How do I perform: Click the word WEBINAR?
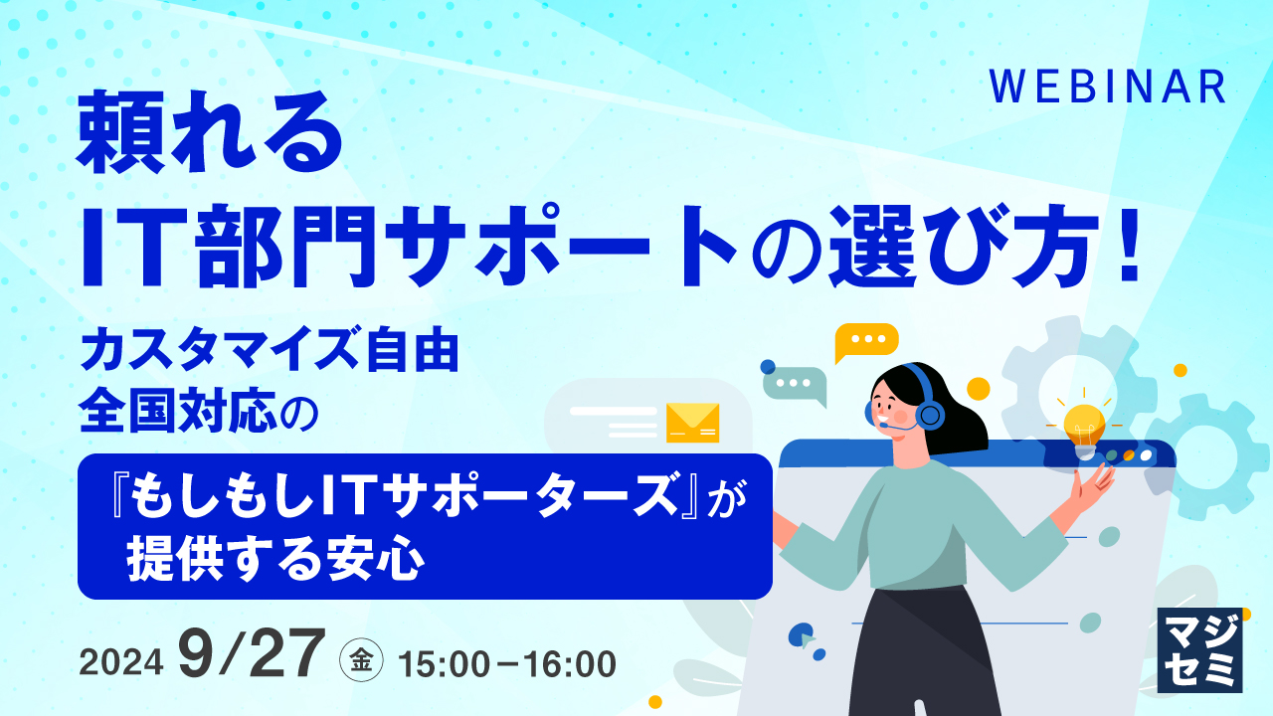pyautogui.click(x=1108, y=88)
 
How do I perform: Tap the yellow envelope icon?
pyautogui.click(x=692, y=422)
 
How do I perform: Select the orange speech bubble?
pyautogui.click(x=865, y=341)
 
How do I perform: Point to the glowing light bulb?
pyautogui.click(x=1084, y=425)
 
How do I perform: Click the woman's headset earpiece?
pyautogui.click(x=929, y=413)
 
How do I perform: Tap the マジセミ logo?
pyautogui.click(x=1200, y=649)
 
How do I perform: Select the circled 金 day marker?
pyautogui.click(x=358, y=660)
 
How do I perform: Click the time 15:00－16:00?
pyautogui.click(x=506, y=663)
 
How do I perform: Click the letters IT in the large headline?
pyautogui.click(x=140, y=250)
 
